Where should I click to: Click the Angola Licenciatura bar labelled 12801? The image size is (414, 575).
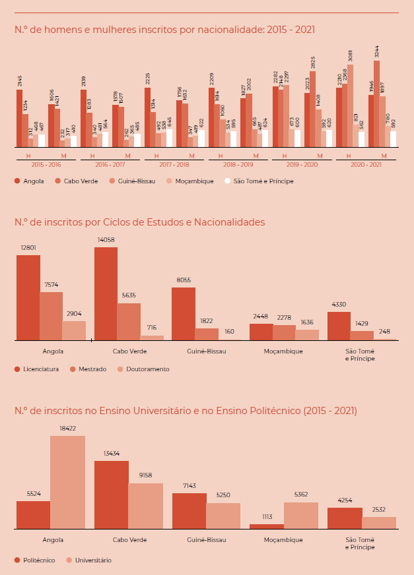point(28,297)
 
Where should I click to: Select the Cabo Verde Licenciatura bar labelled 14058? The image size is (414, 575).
point(106,294)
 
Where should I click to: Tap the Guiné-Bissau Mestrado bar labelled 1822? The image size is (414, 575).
point(207,334)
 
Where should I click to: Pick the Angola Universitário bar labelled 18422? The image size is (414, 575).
point(67,482)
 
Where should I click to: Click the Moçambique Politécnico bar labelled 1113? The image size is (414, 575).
point(267,526)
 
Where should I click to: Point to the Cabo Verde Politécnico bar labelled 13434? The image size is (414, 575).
point(112,495)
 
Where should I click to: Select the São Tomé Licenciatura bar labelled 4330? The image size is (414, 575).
point(339,326)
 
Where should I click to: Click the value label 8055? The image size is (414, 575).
point(184,280)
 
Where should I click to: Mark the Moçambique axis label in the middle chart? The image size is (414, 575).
point(284,351)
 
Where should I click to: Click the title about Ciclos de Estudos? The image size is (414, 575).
point(139,222)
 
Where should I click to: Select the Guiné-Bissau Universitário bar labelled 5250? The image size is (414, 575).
point(223,516)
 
